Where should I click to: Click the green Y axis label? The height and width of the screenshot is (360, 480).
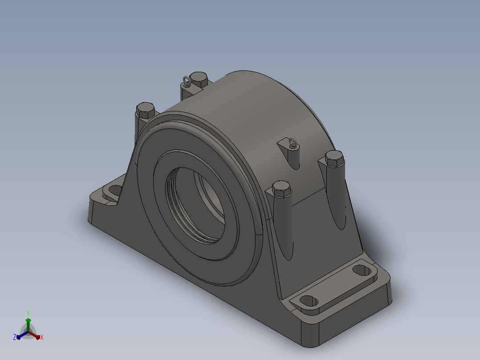(x=28, y=313)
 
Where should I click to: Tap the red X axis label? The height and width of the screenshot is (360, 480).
(x=42, y=337)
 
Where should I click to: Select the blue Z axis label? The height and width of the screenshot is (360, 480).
(x=15, y=337)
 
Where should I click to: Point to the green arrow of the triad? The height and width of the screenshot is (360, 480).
(x=28, y=324)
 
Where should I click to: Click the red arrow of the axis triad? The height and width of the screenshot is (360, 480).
(x=34, y=335)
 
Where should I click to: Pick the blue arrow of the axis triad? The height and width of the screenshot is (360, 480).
(x=22, y=335)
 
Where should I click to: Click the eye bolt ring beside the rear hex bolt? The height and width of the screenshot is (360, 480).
(x=187, y=82)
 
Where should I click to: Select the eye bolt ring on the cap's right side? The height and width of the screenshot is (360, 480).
(x=293, y=143)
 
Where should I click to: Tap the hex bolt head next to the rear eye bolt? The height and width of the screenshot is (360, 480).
(x=199, y=79)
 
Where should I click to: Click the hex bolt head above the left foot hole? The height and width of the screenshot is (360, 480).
(x=146, y=110)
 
